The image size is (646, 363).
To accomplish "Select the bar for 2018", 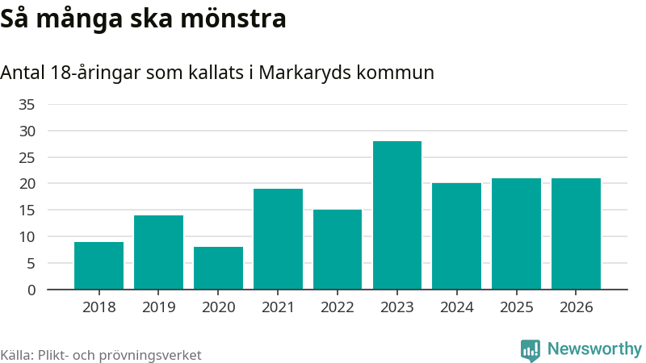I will (x=99, y=265).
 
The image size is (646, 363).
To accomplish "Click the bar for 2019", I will (x=158, y=252).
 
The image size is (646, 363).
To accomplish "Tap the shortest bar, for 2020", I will (x=218, y=268).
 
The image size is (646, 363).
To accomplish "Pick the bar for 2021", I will (x=278, y=239).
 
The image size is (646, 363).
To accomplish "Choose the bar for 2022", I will (x=338, y=249).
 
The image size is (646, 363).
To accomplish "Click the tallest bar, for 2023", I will (x=397, y=215).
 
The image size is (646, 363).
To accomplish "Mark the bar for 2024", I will (x=456, y=236).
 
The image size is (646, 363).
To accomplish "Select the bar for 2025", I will (x=516, y=234).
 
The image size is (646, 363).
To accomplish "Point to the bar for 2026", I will (x=576, y=234).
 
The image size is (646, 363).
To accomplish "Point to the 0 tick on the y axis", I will (x=31, y=290).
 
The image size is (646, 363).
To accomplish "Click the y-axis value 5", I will (x=31, y=263).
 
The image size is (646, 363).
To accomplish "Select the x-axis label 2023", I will (x=397, y=307).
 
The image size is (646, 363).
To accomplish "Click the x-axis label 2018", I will (x=99, y=307).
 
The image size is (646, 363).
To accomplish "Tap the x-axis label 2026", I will (x=576, y=307).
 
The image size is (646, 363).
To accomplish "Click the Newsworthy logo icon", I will (x=531, y=350).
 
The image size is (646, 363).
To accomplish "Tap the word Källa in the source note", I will (x=17, y=355).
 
